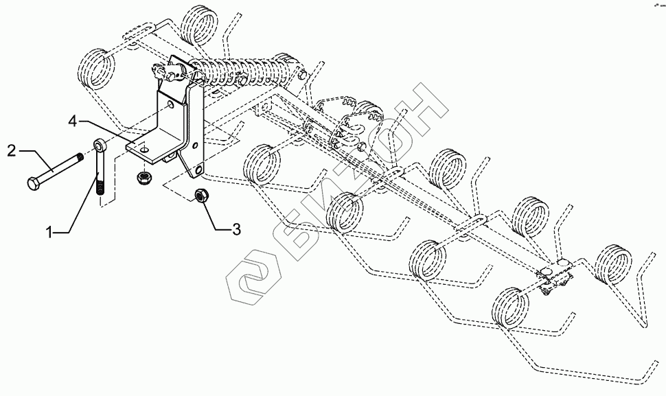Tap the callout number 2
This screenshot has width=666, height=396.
click(11, 150)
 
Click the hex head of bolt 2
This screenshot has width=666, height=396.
click(34, 185)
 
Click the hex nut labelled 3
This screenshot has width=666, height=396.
click(202, 195)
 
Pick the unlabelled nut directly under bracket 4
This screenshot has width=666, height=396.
click(146, 177)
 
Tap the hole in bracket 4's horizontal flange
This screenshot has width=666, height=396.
click(146, 146)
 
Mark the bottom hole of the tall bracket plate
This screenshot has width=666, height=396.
click(199, 168)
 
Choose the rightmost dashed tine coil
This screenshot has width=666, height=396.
click(613, 262)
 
